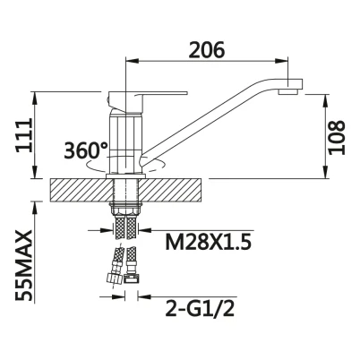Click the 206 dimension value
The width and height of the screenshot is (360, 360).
pyautogui.click(x=207, y=49)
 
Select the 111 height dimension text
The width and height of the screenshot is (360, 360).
pyautogui.click(x=24, y=135)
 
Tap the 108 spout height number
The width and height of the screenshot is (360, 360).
pyautogui.click(x=337, y=137)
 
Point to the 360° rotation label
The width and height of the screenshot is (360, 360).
pyautogui.click(x=86, y=150)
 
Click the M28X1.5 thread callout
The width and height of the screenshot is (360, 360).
pyautogui.click(x=209, y=242)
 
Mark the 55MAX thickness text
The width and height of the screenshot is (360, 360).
pyautogui.click(x=24, y=265)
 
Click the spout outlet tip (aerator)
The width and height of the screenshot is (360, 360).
pyautogui.click(x=288, y=91)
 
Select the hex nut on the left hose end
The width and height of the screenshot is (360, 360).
pyautogui.click(x=115, y=279)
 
